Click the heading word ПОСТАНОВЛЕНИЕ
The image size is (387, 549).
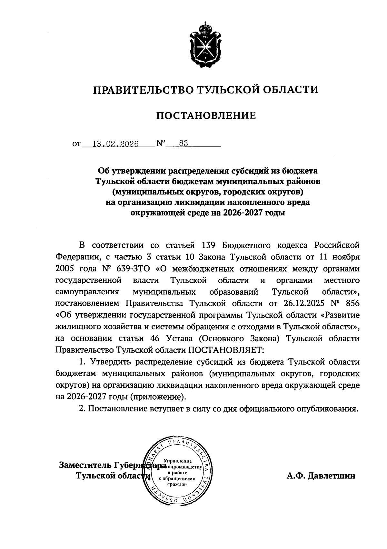click(x=206, y=115)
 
